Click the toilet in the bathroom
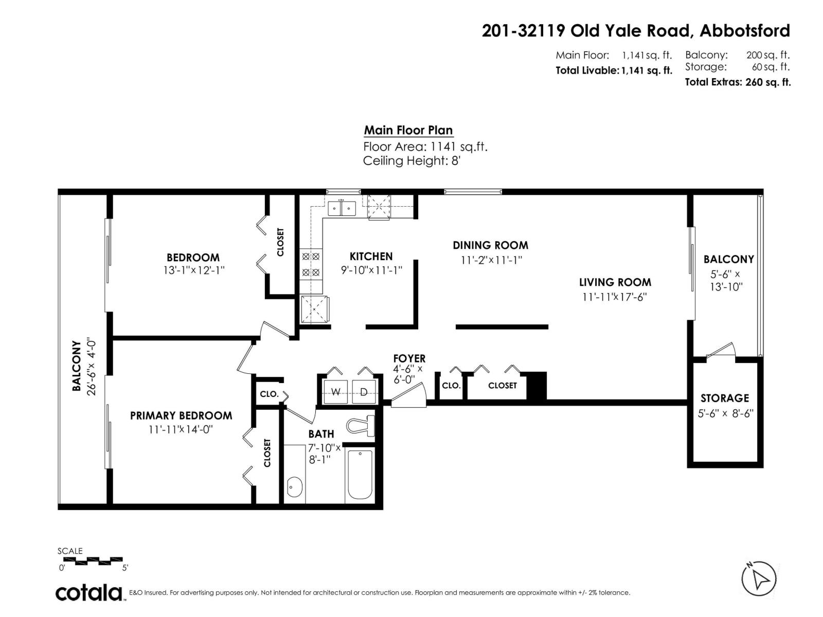361,426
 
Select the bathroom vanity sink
295,487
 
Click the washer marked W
335,392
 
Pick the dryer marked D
364,392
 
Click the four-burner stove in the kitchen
311,264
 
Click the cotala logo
89,593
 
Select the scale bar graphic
91,561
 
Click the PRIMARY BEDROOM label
181,415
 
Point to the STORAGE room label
724,398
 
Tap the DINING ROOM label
490,245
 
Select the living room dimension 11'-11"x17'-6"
615,297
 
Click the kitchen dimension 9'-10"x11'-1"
371,270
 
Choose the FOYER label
409,358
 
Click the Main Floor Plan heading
408,131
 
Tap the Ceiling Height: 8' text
411,161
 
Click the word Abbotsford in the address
745,31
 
